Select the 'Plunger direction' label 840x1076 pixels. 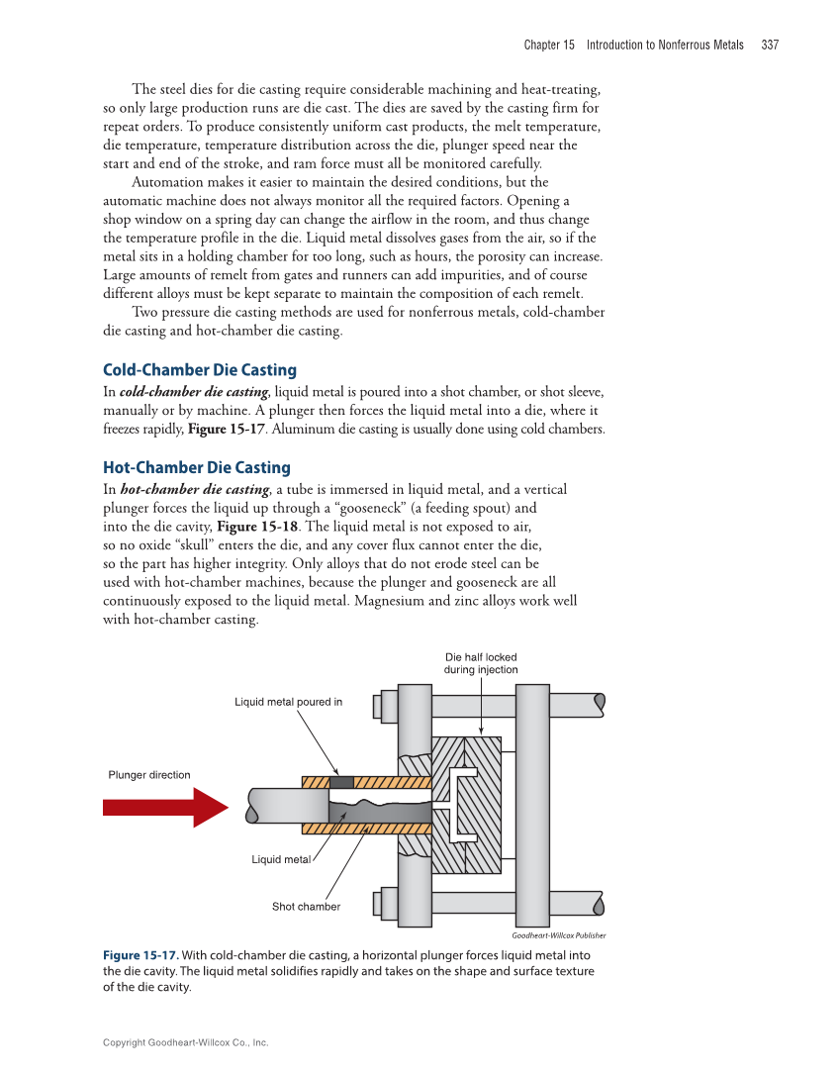148,775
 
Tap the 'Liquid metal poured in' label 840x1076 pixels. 288,702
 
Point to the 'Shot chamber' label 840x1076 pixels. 306,907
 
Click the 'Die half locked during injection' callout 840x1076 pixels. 481,663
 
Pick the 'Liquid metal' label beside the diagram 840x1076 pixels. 280,859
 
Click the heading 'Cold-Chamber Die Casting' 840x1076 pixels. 200,370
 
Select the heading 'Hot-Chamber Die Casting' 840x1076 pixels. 197,467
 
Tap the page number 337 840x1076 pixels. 770,45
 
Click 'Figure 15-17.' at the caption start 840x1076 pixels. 140,955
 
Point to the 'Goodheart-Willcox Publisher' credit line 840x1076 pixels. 558,935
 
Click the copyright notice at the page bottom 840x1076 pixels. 186,1042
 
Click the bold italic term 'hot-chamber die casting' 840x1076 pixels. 195,489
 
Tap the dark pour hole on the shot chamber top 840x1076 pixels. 341,782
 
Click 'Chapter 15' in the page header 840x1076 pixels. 549,45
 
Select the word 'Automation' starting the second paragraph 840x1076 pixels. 167,182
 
